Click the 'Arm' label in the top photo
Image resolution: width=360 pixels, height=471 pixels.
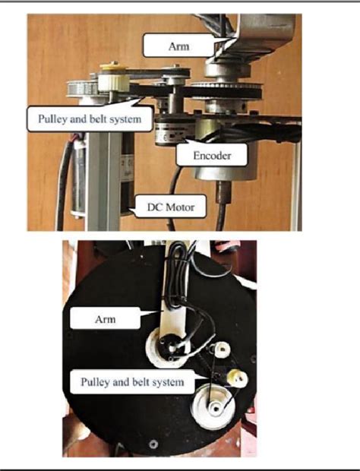pos(178,46)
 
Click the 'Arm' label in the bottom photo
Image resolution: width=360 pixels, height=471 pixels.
pos(95,319)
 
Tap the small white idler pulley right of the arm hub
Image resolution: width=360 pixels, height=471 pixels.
pos(223,349)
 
